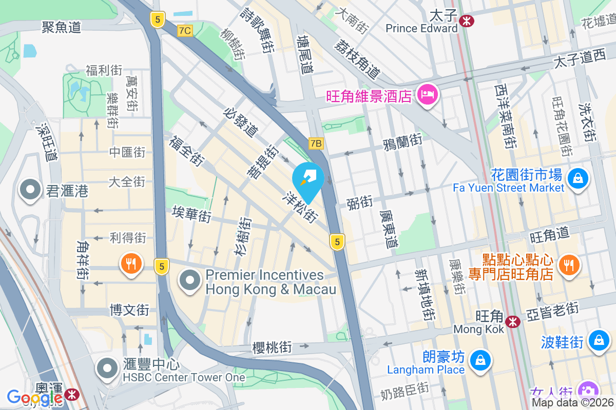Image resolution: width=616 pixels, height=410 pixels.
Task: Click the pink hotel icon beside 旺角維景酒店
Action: (x=427, y=95)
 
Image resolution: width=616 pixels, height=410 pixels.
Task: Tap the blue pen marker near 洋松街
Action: (x=308, y=179)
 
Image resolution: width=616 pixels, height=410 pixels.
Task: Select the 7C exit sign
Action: (x=185, y=31)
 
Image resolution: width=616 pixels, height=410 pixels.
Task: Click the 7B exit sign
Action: (x=316, y=144)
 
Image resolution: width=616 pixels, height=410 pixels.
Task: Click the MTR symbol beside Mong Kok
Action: (x=512, y=322)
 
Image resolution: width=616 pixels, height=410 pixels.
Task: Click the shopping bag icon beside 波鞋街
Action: (x=598, y=339)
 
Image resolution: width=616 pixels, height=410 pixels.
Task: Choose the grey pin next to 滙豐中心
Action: (x=107, y=367)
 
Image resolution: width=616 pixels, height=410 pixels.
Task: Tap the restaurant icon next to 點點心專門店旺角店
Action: (x=568, y=264)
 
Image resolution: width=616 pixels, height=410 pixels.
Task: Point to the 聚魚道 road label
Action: (x=62, y=27)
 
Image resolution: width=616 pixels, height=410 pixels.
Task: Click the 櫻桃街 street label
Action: (x=272, y=347)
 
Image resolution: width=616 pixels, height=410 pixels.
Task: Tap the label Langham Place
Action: (x=426, y=370)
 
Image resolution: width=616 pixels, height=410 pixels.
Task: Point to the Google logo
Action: (x=34, y=397)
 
